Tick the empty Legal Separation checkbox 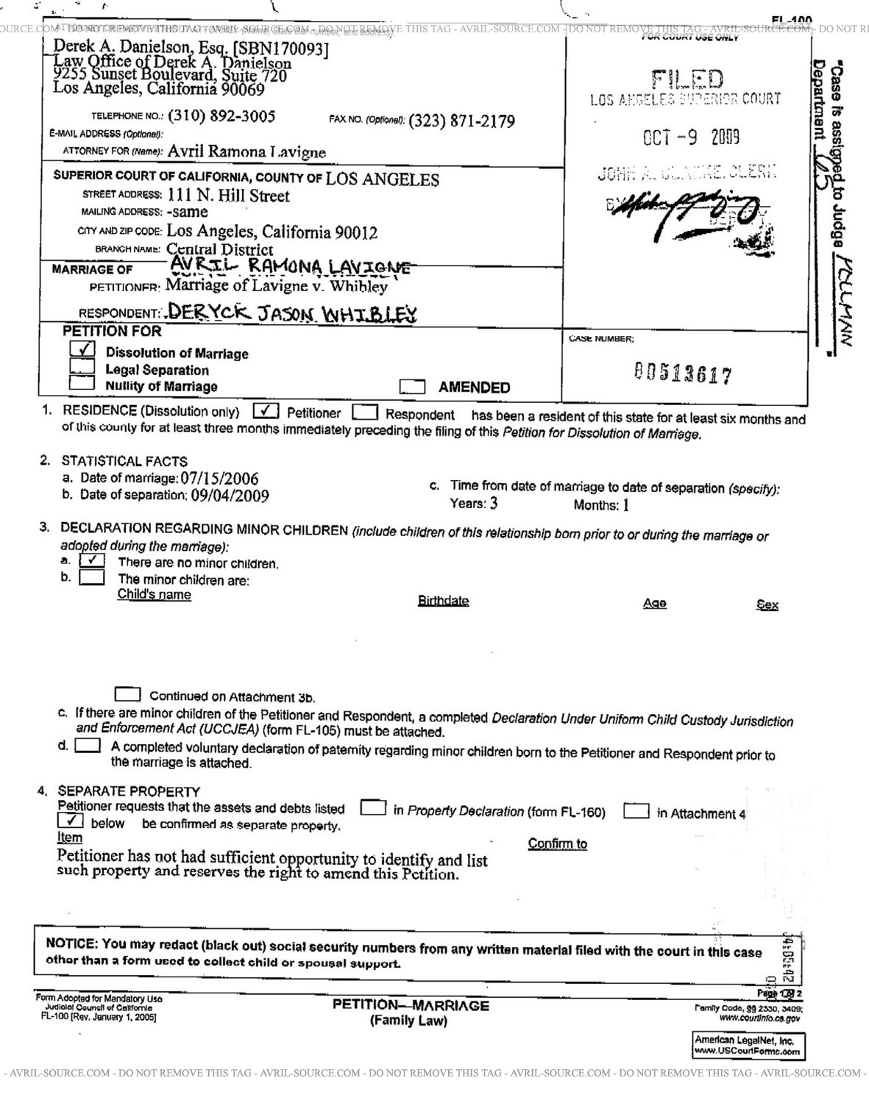(x=82, y=366)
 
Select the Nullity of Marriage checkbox (x=82, y=382)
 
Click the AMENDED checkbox (x=412, y=387)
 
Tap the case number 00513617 (x=683, y=374)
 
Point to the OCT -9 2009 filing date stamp (x=691, y=138)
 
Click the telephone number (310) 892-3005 (x=221, y=116)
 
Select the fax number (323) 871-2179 (x=461, y=121)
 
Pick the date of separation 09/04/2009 (x=230, y=496)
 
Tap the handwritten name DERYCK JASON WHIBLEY (x=292, y=314)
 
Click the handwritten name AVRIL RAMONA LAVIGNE (x=289, y=265)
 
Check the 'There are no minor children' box (x=92, y=560)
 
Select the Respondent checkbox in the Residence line (x=365, y=413)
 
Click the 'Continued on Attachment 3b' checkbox (x=128, y=694)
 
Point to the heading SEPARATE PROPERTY (x=129, y=791)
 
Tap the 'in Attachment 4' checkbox (x=636, y=812)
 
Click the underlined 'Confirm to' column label (x=557, y=843)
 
